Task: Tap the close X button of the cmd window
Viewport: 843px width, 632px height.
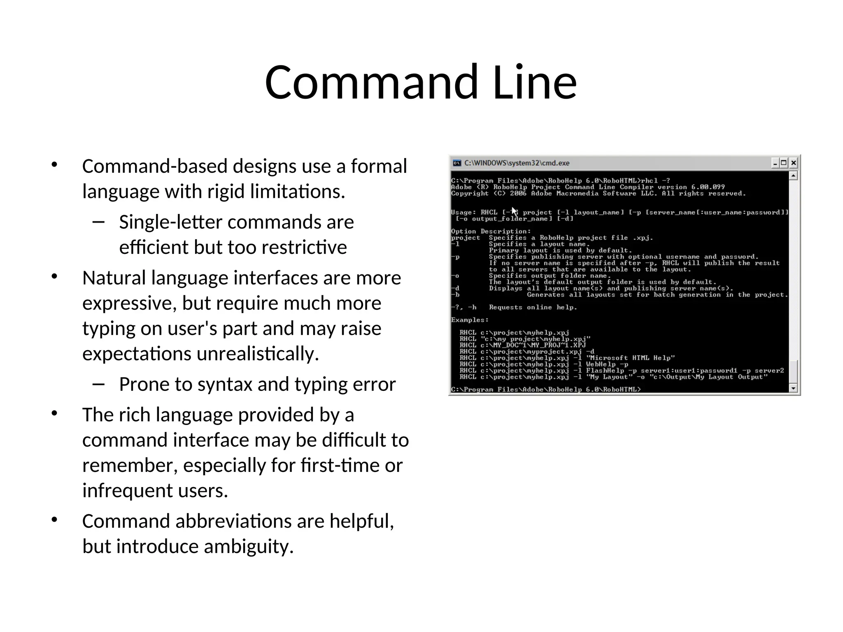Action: [x=794, y=163]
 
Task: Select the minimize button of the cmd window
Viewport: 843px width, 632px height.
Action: [x=775, y=163]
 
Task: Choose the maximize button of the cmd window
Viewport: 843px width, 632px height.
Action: [x=784, y=163]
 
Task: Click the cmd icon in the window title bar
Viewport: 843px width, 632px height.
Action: [x=457, y=163]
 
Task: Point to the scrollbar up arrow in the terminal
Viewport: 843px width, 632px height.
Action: [x=794, y=176]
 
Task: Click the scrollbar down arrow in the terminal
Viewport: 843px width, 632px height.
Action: [x=794, y=388]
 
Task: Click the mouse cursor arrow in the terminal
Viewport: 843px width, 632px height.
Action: [x=514, y=211]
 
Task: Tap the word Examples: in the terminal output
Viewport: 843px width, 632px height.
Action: [x=470, y=320]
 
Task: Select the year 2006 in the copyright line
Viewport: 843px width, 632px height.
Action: [x=518, y=193]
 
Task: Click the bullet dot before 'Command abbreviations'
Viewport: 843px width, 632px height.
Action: [x=54, y=520]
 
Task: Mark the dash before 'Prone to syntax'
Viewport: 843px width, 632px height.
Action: [x=99, y=384]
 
